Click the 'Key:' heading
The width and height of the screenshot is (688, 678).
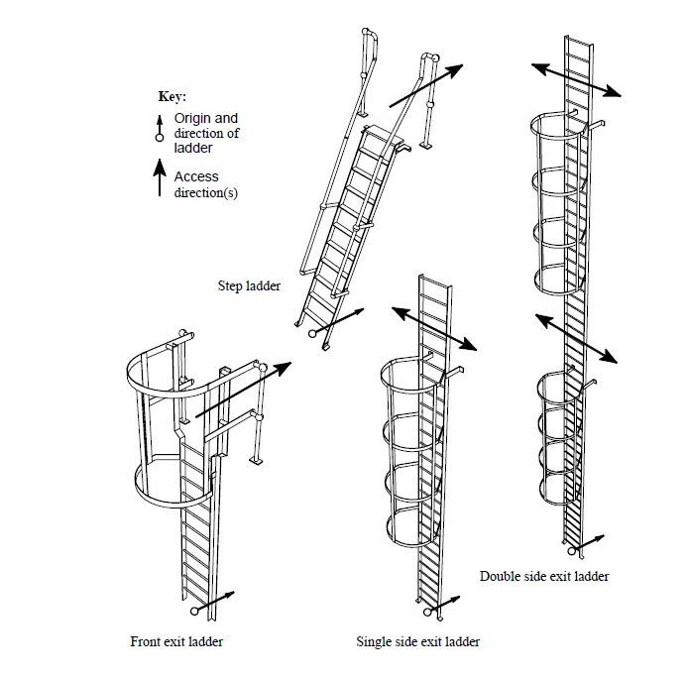(172, 97)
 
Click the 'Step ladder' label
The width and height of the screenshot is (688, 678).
(249, 286)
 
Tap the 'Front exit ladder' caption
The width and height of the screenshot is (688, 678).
(176, 641)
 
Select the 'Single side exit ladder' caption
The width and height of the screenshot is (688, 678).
(417, 642)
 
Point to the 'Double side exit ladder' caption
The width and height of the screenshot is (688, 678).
(544, 576)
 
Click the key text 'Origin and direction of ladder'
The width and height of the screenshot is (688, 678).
(206, 133)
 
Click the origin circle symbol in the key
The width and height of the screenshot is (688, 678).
(160, 138)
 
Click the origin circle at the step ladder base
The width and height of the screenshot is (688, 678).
(313, 334)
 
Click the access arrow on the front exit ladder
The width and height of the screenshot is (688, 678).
(243, 390)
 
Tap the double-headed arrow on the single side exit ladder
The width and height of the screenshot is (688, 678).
(433, 328)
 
